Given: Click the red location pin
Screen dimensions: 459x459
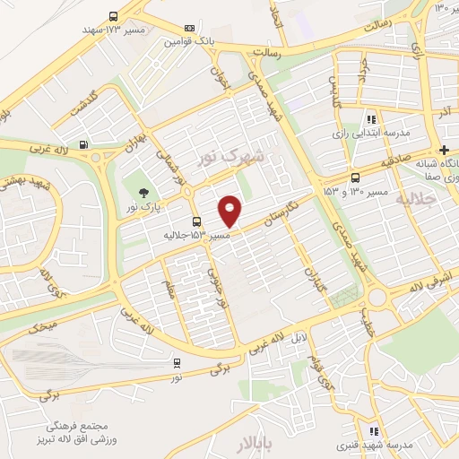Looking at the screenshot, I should click(x=230, y=210).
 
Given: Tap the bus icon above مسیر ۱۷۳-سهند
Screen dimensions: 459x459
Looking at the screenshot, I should click(x=113, y=16).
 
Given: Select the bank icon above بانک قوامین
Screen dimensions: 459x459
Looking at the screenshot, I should click(x=188, y=29).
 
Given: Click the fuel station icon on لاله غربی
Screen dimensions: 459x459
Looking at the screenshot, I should click(x=83, y=144).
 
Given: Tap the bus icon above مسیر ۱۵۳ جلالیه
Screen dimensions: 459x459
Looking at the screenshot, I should click(x=196, y=221).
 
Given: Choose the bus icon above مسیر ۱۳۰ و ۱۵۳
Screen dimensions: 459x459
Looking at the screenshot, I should click(x=357, y=178).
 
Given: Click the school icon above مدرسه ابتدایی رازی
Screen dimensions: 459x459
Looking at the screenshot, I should click(x=370, y=118).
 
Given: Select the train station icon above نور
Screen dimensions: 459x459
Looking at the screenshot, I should click(x=177, y=363).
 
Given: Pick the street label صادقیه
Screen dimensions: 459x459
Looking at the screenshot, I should click(x=396, y=161).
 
